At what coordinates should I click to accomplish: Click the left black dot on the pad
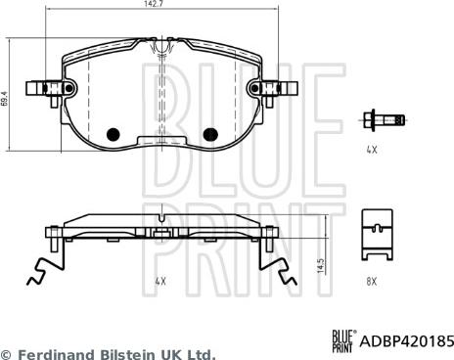click(112, 134)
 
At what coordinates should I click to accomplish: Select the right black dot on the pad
click(207, 134)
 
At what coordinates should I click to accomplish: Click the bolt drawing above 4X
click(384, 120)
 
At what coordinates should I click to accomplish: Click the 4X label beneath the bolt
click(371, 152)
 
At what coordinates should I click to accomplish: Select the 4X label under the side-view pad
click(160, 281)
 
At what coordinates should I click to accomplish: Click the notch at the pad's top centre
click(159, 46)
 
